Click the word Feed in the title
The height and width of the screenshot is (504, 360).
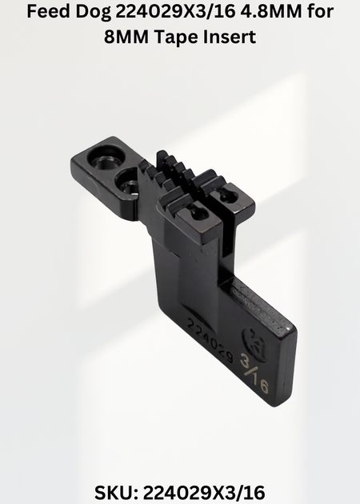point(48,11)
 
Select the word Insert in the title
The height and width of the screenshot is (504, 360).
point(230,37)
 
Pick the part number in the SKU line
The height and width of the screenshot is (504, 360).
point(204,493)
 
